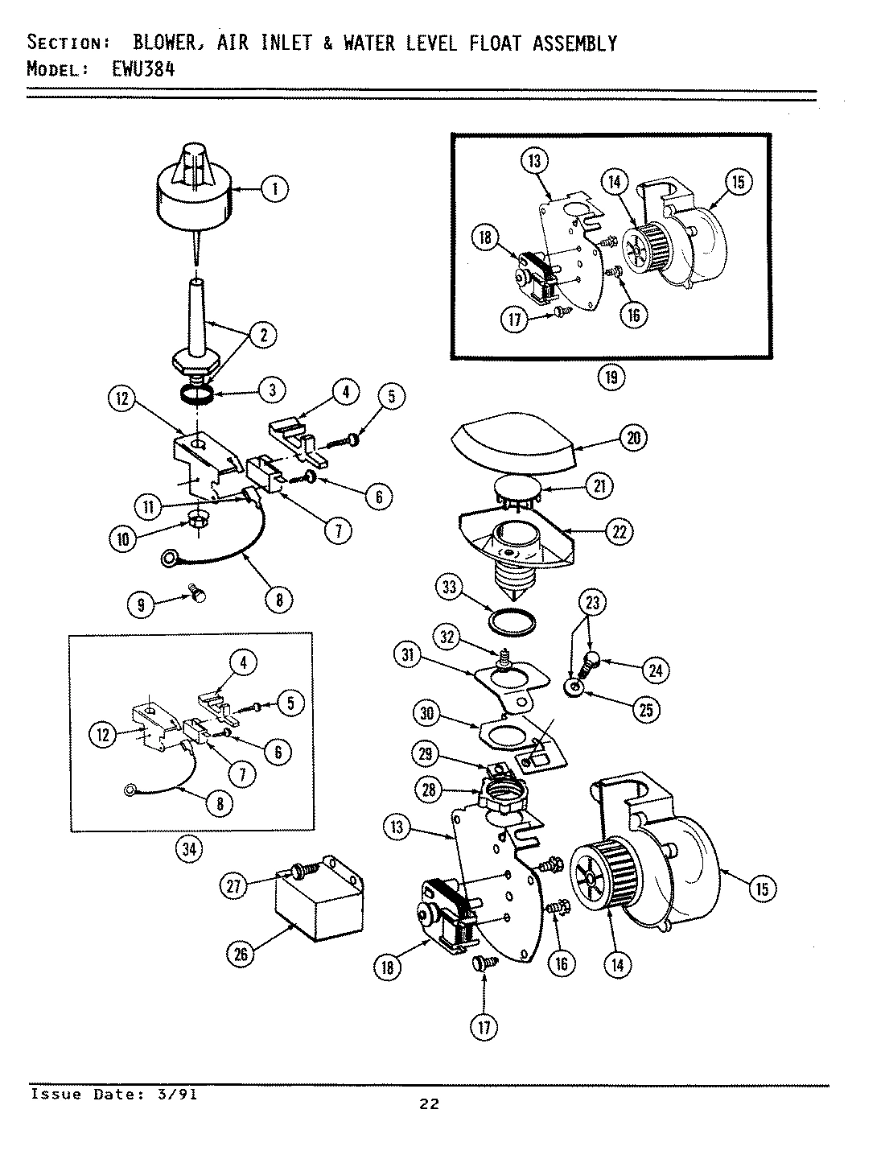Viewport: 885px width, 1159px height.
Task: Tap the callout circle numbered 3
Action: coord(272,390)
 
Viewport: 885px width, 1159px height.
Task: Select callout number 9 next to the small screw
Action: coord(142,604)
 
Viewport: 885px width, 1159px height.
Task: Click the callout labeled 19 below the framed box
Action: coord(612,377)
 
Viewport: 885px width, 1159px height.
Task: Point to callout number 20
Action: coord(634,438)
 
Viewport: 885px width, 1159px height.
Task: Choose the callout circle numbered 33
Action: coord(450,588)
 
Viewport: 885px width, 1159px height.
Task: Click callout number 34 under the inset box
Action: coord(190,848)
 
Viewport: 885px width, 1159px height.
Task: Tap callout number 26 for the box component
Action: coord(241,955)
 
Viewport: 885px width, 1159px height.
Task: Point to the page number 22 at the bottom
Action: coord(429,1103)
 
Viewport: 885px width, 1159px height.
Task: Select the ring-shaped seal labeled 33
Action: coord(512,622)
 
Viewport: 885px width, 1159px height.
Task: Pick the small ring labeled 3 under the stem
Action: coord(196,394)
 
